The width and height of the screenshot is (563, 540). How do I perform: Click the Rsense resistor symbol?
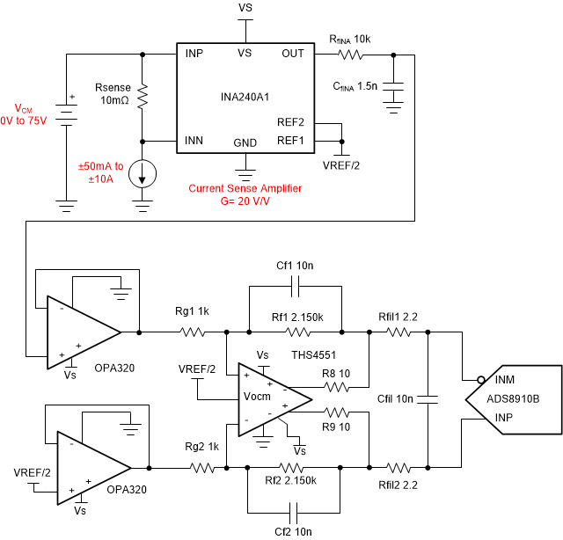point(143,96)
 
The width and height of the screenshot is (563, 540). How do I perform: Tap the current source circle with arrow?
point(143,174)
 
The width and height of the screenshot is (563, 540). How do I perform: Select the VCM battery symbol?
point(67,115)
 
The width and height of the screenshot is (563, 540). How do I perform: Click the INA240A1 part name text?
point(245,97)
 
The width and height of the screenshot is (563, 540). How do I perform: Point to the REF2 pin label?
point(290,122)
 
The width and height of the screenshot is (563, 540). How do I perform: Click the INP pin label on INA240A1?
point(194,54)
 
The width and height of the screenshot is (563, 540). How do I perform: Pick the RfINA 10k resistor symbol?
point(350,55)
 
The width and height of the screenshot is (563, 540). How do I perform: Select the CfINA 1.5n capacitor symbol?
point(393,86)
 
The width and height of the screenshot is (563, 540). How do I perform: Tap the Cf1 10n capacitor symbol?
point(295,286)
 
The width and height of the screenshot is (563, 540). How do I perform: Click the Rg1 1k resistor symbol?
point(193,332)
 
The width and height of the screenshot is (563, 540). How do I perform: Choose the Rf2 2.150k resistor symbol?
point(291,468)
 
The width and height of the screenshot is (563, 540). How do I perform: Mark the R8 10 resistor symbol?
point(336,387)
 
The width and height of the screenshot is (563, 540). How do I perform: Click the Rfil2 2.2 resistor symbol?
point(398,468)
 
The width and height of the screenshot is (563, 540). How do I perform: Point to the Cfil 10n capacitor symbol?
point(428,399)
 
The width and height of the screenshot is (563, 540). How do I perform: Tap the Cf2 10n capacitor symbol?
point(293,513)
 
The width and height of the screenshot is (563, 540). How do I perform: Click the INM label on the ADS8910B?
point(504,380)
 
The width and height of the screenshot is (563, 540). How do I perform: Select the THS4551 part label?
point(313,355)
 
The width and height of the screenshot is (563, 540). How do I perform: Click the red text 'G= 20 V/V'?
point(245,201)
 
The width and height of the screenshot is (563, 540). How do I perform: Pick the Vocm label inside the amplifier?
point(257,397)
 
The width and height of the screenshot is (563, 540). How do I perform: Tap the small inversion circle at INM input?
point(481,380)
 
